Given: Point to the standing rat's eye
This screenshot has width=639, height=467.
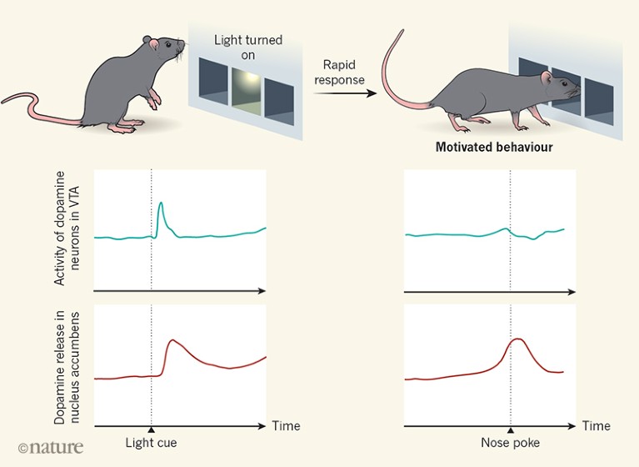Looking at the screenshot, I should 170,44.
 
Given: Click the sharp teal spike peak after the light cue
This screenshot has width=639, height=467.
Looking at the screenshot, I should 161,203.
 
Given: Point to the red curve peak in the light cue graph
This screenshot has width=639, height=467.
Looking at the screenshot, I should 173,340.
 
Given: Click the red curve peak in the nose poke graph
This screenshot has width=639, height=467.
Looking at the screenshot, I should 517,339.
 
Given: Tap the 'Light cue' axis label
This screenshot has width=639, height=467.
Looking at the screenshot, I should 151,442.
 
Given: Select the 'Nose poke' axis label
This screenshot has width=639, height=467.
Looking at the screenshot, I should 510,442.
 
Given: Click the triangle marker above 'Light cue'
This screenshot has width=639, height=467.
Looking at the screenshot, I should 151,428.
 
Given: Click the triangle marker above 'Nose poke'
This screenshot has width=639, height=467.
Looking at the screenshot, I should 510,428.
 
